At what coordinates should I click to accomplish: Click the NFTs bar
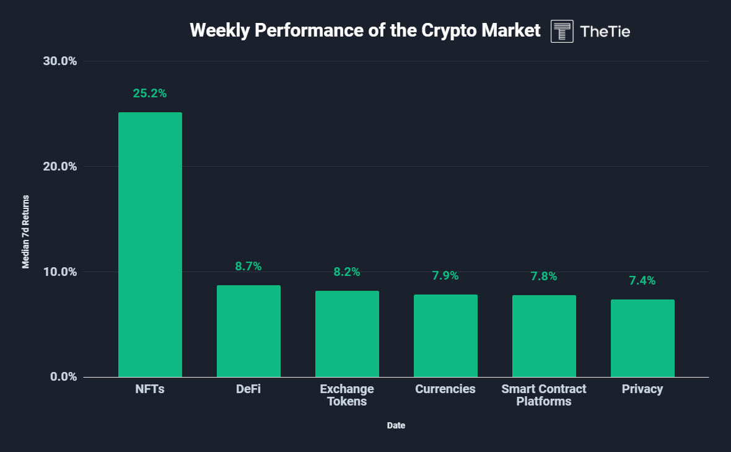coord(150,244)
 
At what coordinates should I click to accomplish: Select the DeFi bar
coord(248,331)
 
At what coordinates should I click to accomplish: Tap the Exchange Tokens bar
coord(347,334)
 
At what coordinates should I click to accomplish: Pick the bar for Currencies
coord(445,335)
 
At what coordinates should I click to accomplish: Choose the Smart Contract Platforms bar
coord(544,336)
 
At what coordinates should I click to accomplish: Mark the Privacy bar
coord(642,338)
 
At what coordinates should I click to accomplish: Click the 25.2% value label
coord(150,94)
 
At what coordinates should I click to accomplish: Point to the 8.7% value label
coord(248,267)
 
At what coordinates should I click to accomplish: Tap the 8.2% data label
coord(347,272)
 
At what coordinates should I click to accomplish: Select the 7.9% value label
coord(445,276)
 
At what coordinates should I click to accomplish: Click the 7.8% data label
coord(544,277)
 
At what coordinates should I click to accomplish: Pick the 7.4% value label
coord(642,281)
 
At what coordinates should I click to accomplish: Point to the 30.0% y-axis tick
coord(59,61)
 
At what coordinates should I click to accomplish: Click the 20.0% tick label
coord(59,167)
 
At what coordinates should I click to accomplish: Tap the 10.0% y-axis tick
coord(59,272)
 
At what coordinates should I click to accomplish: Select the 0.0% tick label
coord(63,377)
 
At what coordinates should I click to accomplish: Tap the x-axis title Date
coord(396,426)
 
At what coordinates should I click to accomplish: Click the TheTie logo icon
coord(562,31)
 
